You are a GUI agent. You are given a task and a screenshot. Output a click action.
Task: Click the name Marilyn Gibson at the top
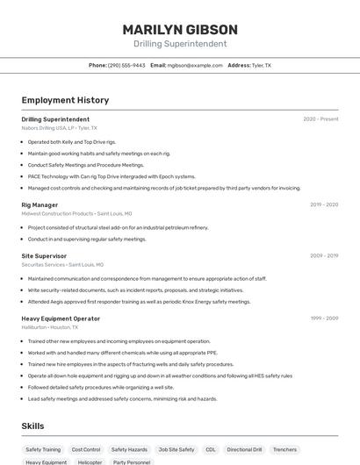click(179, 29)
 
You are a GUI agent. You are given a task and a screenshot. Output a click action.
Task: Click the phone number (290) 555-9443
click(126, 65)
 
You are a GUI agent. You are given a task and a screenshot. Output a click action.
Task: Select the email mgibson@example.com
click(194, 65)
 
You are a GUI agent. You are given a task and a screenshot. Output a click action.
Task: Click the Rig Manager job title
click(40, 204)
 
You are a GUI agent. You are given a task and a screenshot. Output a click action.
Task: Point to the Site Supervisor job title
click(44, 256)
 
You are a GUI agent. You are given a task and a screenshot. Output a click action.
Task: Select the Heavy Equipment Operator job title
click(61, 318)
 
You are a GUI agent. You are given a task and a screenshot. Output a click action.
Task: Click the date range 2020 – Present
click(320, 119)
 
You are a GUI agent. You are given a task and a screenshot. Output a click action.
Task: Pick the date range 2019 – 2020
click(324, 204)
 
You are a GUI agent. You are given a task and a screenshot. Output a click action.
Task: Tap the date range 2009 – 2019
click(324, 256)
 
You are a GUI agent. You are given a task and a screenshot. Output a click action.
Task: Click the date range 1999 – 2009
click(324, 318)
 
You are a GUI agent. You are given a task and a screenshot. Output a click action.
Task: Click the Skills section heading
click(33, 426)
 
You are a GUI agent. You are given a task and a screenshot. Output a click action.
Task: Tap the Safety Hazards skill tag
click(129, 449)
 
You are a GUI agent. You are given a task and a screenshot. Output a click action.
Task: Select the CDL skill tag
click(211, 449)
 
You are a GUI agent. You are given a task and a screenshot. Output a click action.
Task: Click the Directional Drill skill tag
click(244, 449)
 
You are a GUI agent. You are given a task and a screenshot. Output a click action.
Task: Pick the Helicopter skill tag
click(90, 461)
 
